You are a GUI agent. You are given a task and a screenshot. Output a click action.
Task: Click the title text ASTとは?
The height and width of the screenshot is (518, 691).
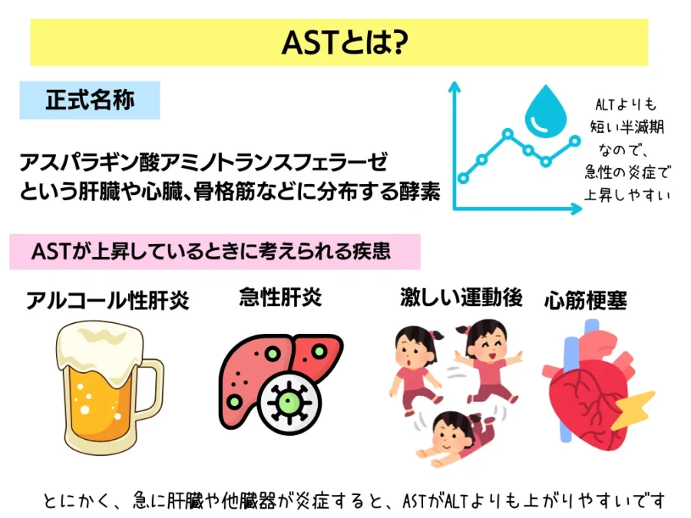point(345,43)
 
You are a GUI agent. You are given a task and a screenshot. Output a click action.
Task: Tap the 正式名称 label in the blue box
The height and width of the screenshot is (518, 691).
point(90,100)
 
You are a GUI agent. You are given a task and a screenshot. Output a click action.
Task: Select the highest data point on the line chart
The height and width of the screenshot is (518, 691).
point(508,133)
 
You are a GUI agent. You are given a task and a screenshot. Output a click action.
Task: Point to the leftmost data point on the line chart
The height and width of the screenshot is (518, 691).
point(463,178)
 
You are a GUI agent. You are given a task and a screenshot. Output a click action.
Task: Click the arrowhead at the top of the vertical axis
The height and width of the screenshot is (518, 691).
point(454,86)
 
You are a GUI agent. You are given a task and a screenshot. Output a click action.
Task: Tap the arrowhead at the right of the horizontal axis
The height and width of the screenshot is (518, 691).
point(577,208)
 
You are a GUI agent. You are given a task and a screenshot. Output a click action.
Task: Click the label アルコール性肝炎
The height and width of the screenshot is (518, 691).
point(107,300)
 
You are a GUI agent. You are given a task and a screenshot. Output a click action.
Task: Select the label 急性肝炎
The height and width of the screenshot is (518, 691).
point(280,297)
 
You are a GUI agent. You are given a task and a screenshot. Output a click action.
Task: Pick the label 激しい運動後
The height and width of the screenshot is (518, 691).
point(461,297)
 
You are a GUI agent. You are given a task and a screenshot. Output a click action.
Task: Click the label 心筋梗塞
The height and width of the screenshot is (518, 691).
point(586,300)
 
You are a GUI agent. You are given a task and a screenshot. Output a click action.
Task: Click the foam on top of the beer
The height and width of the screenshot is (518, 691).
point(101,348)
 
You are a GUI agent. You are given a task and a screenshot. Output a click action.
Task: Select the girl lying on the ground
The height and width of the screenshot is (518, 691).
point(458,438)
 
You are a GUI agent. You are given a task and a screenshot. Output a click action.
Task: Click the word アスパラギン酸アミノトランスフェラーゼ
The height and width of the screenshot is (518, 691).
point(203,162)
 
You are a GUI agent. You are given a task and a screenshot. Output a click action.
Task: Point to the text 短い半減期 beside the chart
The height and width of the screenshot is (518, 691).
point(627,127)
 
